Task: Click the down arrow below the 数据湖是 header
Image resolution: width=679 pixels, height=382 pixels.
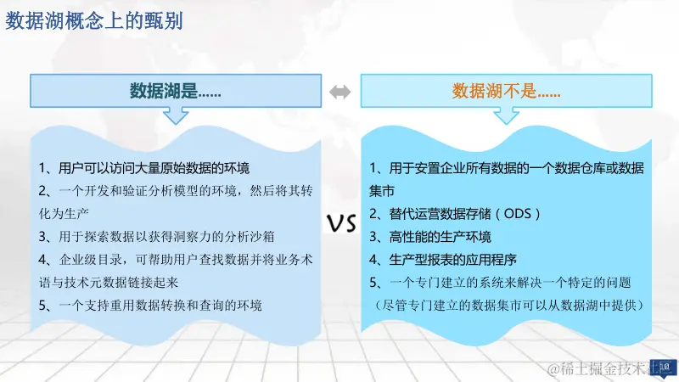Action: [176, 116]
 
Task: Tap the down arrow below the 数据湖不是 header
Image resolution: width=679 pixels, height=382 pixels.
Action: [506, 116]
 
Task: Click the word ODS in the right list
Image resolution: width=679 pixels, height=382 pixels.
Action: [516, 213]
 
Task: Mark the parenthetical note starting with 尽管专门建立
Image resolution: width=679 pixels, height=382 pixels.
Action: [508, 303]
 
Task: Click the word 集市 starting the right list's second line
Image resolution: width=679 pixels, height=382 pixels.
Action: [382, 190]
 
